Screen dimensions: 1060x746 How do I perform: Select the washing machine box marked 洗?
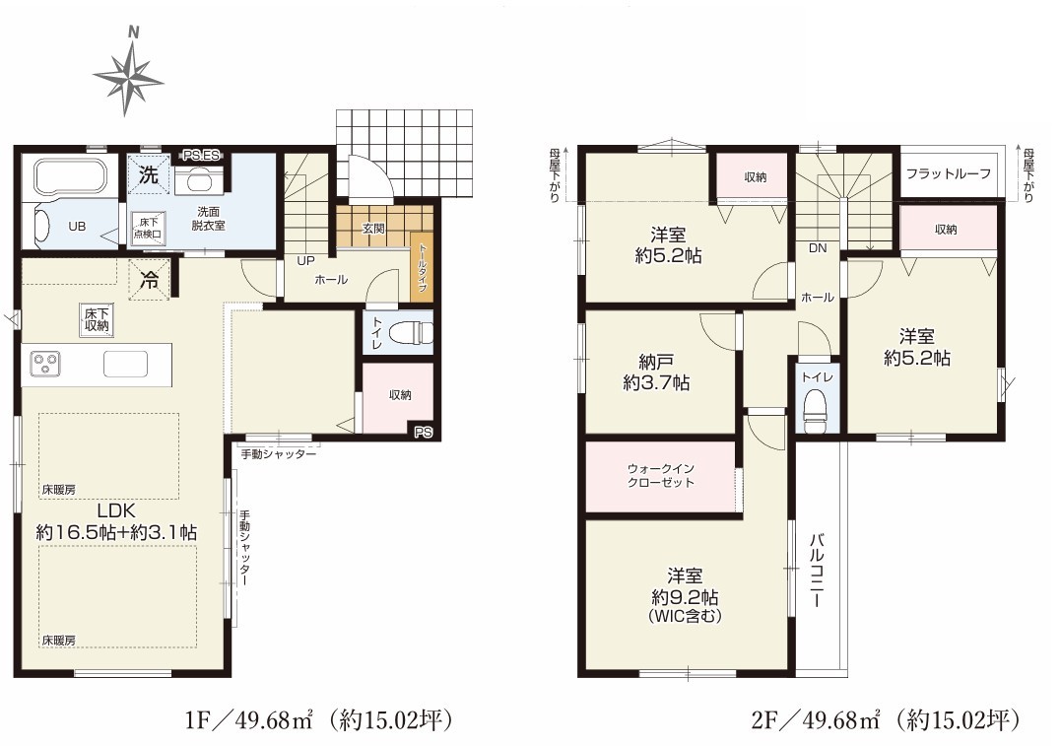pyautogui.click(x=148, y=175)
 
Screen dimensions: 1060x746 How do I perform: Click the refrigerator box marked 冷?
pyautogui.click(x=149, y=279)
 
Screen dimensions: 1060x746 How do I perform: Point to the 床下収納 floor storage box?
pyautogui.click(x=96, y=319)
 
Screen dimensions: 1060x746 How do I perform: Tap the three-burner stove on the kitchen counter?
pyautogui.click(x=44, y=363)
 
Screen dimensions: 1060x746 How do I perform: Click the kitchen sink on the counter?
pyautogui.click(x=125, y=364)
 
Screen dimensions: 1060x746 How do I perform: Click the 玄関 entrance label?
pyautogui.click(x=373, y=229)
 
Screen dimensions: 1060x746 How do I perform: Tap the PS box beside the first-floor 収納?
pyautogui.click(x=424, y=433)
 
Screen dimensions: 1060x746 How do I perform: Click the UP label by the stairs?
pyautogui.click(x=305, y=260)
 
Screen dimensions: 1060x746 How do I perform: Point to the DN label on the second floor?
pyautogui.click(x=818, y=248)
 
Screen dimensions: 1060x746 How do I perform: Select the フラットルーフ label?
pyautogui.click(x=949, y=173)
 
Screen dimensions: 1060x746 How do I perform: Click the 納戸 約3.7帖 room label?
pyautogui.click(x=656, y=373)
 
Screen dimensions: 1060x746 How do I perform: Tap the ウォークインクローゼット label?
pyautogui.click(x=660, y=475)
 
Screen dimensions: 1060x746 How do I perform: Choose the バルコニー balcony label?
pyautogui.click(x=817, y=570)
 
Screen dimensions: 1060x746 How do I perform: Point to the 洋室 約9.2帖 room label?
pyautogui.click(x=685, y=595)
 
